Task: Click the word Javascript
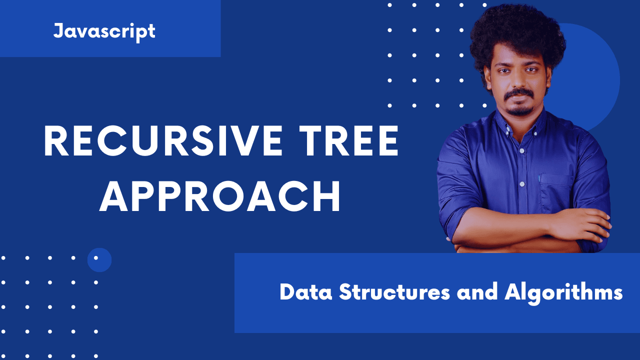[x=104, y=32]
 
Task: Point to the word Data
[x=305, y=292]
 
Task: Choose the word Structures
[x=394, y=292]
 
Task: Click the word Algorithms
[x=563, y=293]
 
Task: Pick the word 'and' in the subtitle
[x=477, y=292]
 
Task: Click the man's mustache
[x=519, y=94]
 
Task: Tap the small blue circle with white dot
[x=99, y=259]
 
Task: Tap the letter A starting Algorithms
[x=512, y=291]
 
